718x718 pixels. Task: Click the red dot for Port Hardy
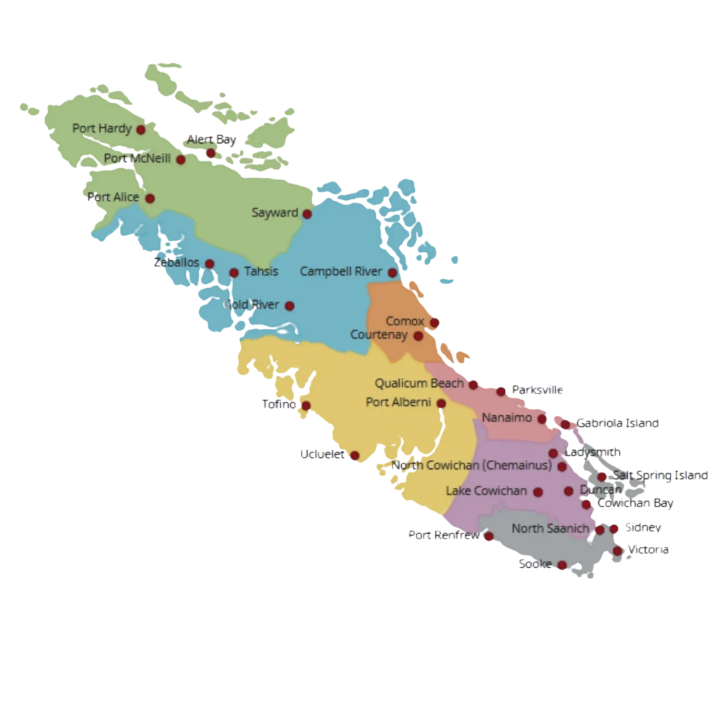141,130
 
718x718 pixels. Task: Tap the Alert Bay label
211,140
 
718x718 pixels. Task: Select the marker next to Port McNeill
181,160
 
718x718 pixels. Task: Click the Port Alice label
113,198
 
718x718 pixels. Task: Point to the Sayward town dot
306,214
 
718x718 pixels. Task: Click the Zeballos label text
176,263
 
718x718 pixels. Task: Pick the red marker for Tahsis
234,273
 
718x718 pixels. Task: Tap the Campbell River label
341,271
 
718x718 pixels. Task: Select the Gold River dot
290,306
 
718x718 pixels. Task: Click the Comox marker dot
434,323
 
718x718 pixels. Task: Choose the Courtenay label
379,335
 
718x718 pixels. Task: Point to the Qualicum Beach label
419,384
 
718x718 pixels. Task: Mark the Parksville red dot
501,391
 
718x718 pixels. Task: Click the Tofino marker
306,405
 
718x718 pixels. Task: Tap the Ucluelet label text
322,454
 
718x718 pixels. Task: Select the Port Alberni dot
441,404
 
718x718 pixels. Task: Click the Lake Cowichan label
486,491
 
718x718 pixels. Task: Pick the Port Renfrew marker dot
489,537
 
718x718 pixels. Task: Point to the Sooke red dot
562,565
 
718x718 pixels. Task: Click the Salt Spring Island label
660,476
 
